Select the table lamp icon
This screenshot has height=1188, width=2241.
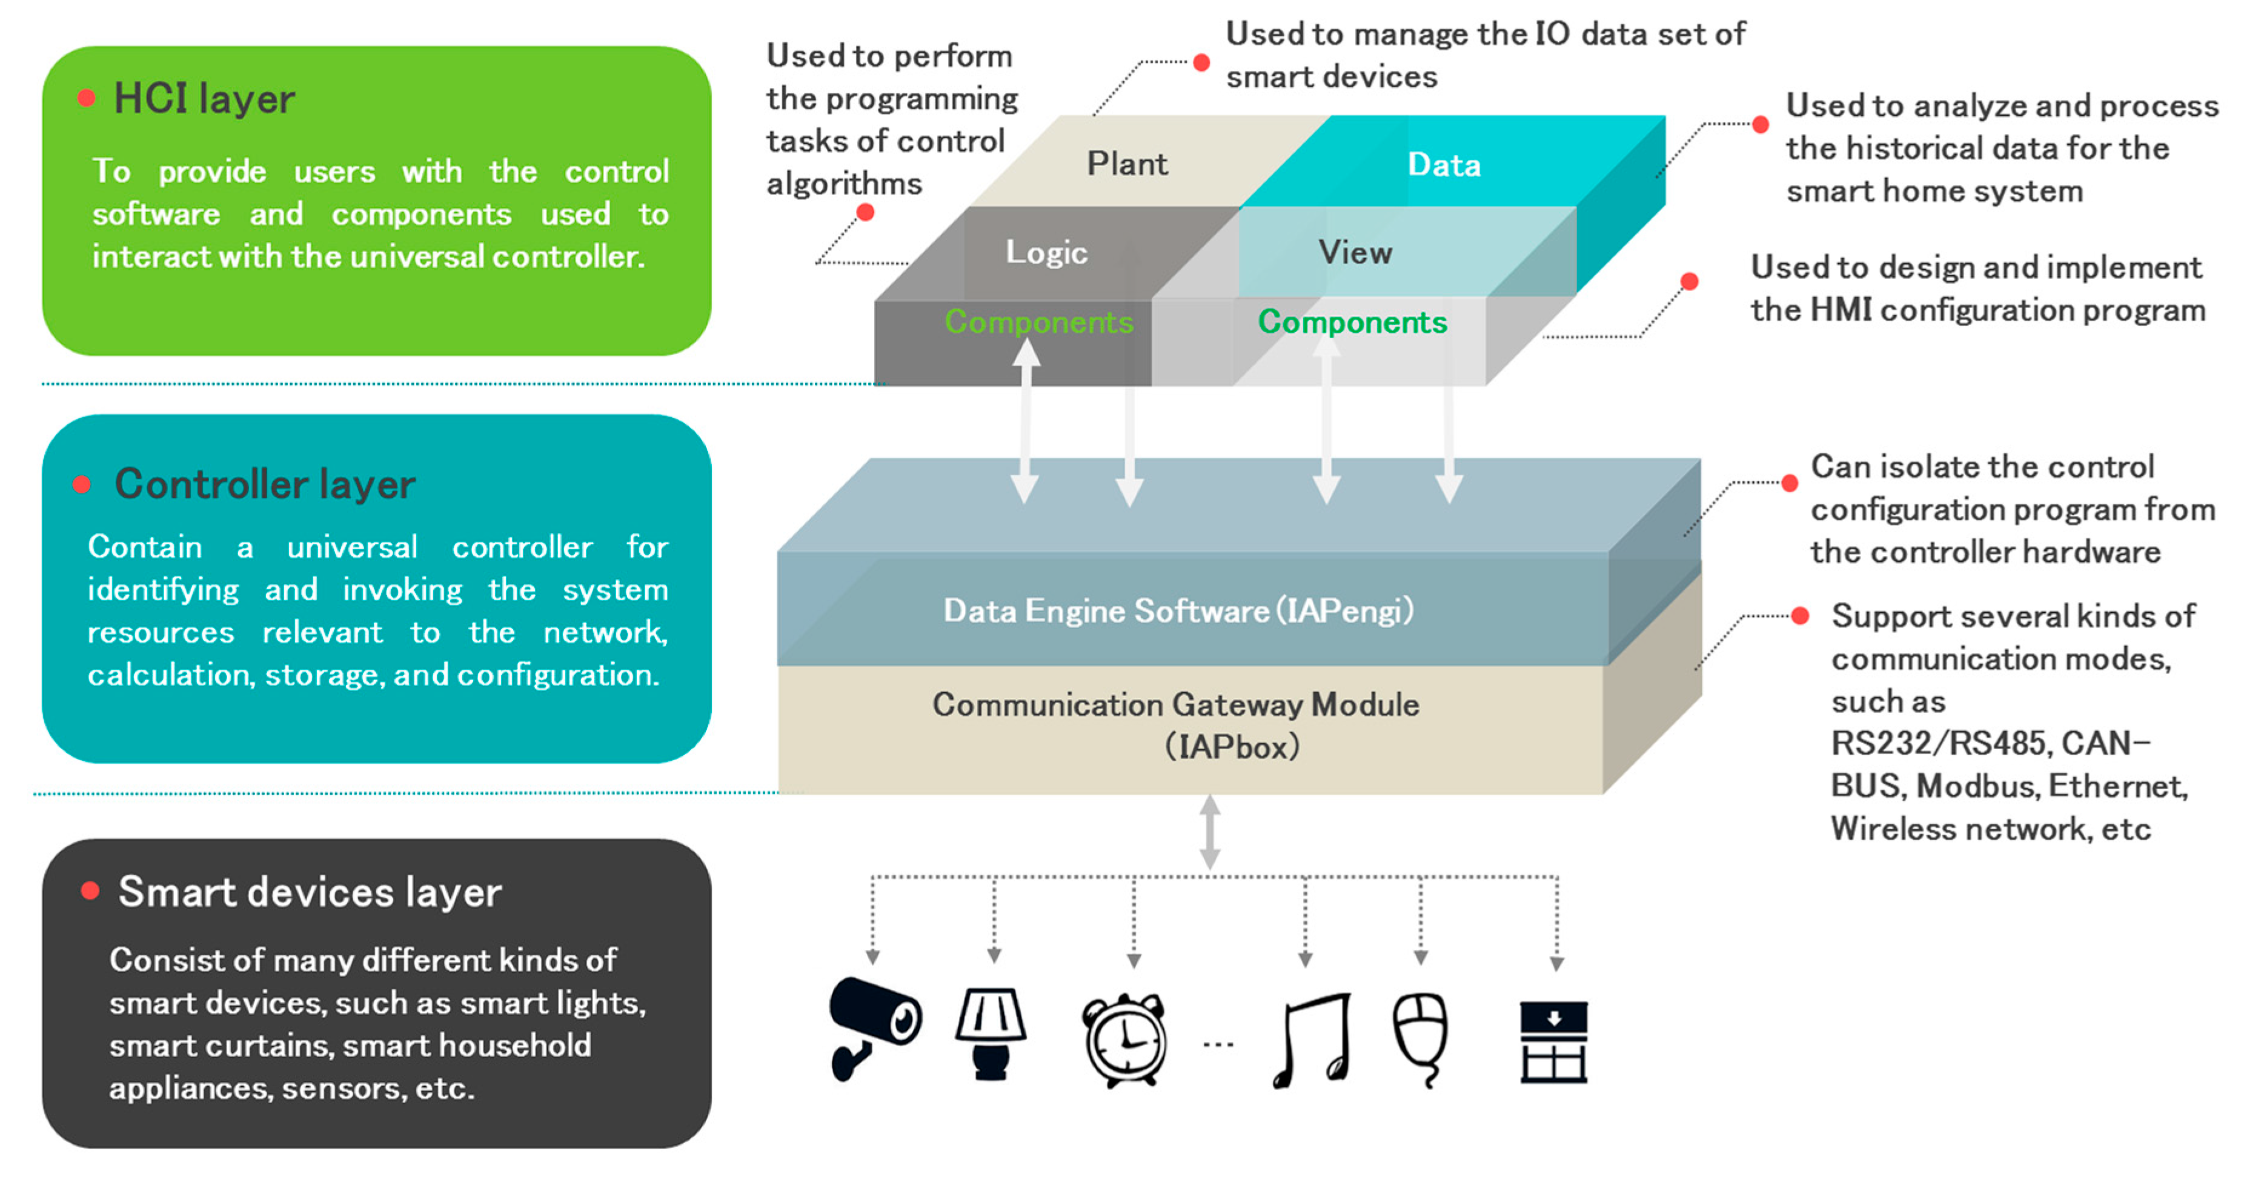click(x=991, y=1035)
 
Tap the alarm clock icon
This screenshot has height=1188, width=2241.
click(x=1124, y=1040)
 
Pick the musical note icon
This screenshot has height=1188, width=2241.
click(x=1312, y=1041)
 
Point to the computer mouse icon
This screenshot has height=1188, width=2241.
click(x=1421, y=1040)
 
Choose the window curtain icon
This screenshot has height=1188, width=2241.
click(x=1554, y=1042)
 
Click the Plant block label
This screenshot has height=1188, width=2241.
click(x=1127, y=164)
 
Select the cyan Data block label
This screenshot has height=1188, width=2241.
click(x=1444, y=164)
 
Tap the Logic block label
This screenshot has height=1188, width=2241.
click(x=1046, y=252)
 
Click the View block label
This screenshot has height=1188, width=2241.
click(x=1355, y=252)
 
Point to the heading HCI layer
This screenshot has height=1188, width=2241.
click(x=204, y=98)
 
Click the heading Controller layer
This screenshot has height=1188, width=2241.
click(x=265, y=484)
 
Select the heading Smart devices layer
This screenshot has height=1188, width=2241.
click(x=310, y=892)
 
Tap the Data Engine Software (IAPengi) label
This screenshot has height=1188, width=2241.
click(x=1179, y=611)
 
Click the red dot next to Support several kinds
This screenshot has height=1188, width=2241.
click(x=1800, y=616)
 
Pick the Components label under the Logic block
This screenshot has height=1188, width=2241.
click(x=1039, y=322)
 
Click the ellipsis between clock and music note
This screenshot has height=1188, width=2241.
click(x=1218, y=1044)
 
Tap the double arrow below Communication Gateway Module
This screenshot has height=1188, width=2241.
click(x=1209, y=832)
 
